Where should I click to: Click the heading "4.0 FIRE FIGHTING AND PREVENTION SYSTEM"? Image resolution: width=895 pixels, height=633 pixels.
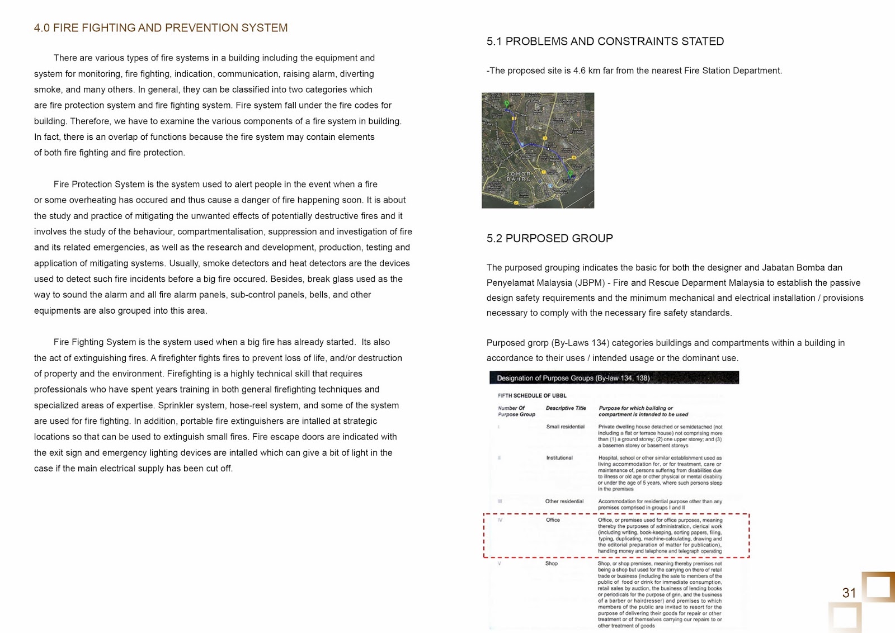click(161, 28)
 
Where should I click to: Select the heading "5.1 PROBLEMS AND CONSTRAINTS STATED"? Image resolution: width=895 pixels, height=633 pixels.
click(605, 41)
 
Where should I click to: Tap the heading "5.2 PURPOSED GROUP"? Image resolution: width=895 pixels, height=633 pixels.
click(549, 238)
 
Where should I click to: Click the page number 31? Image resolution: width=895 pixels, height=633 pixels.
click(849, 593)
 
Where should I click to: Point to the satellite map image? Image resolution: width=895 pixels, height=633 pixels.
click(538, 150)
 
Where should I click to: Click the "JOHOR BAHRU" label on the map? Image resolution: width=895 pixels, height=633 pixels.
click(519, 177)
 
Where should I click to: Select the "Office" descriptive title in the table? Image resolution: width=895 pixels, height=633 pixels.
click(553, 520)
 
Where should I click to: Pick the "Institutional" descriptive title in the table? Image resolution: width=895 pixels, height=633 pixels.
click(559, 458)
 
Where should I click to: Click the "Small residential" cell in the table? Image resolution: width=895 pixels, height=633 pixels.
click(565, 427)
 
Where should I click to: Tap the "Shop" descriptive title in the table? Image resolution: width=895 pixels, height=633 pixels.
click(552, 564)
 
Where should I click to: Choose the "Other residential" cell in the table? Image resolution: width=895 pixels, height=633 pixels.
click(564, 502)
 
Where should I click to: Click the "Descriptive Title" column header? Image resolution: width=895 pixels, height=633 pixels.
click(566, 408)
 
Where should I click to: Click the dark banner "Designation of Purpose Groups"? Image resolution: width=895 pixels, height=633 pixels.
click(614, 378)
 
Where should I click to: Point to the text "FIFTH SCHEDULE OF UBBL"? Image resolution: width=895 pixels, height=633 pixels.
click(531, 395)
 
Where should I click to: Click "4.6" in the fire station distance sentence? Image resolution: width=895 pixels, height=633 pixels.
click(580, 71)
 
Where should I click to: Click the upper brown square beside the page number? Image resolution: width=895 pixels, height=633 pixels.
click(878, 587)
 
